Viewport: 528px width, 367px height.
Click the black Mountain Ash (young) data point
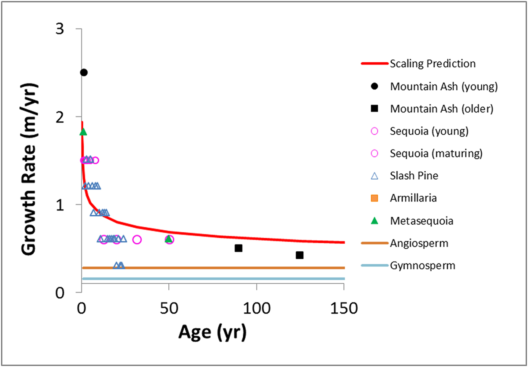pos(84,72)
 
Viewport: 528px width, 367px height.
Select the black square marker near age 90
pos(239,248)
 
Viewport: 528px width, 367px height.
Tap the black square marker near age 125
pos(300,255)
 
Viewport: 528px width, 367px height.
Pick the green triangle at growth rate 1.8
pos(83,132)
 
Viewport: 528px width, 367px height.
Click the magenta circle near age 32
pos(137,239)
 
